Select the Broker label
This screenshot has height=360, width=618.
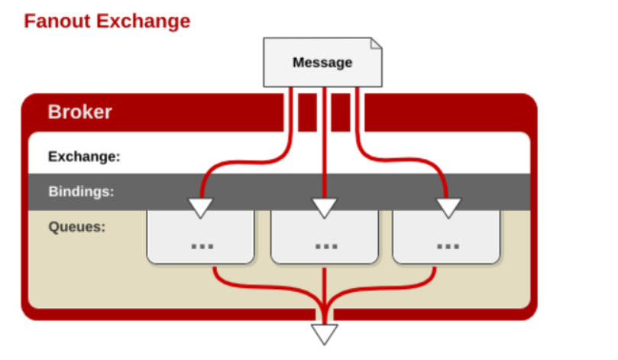point(79,112)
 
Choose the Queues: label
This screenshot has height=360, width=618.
point(77,226)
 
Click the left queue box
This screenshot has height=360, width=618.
point(200,237)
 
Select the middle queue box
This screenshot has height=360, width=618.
point(325,237)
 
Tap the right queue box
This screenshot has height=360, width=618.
point(447,237)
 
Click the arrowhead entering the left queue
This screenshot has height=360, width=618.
point(202,206)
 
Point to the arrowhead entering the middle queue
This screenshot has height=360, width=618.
point(325,206)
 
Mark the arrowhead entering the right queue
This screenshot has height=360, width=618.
point(448,206)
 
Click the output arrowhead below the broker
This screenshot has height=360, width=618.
point(325,333)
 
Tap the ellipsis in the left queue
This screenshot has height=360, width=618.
point(202,246)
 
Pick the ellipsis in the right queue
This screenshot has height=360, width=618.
point(448,246)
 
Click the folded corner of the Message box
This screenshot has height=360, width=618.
point(375,44)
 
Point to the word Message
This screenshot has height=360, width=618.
point(322,63)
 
